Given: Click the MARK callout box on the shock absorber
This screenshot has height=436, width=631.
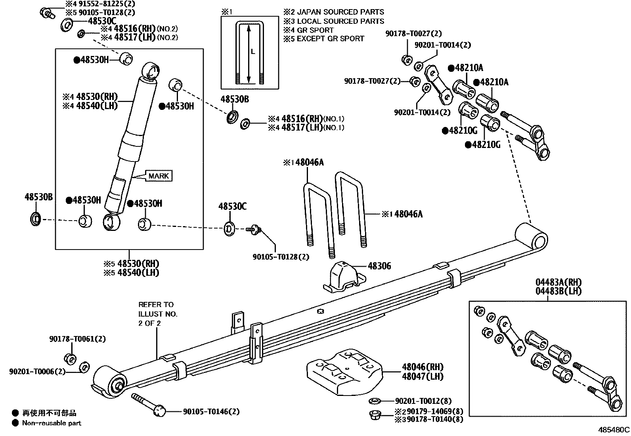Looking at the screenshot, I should pos(159,176).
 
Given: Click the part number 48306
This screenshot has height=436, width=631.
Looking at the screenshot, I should pos(379,266).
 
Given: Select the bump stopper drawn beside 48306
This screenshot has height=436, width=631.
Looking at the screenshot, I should pos(344,276).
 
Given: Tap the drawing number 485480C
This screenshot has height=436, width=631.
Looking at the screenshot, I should pos(614,429).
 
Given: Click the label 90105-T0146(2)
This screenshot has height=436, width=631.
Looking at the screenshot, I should pos(211,412).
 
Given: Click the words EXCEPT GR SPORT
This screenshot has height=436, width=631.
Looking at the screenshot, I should pos(331,38).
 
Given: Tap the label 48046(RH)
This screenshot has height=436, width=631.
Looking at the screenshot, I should pos(423,367).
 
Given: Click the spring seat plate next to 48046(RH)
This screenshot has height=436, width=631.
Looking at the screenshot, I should pos(345,371).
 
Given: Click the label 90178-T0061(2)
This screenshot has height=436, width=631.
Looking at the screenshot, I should pos(78,339).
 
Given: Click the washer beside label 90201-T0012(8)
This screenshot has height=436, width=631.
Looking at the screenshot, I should pos(375,401).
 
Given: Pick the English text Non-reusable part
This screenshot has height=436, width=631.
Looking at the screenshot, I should pos(52,423).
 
